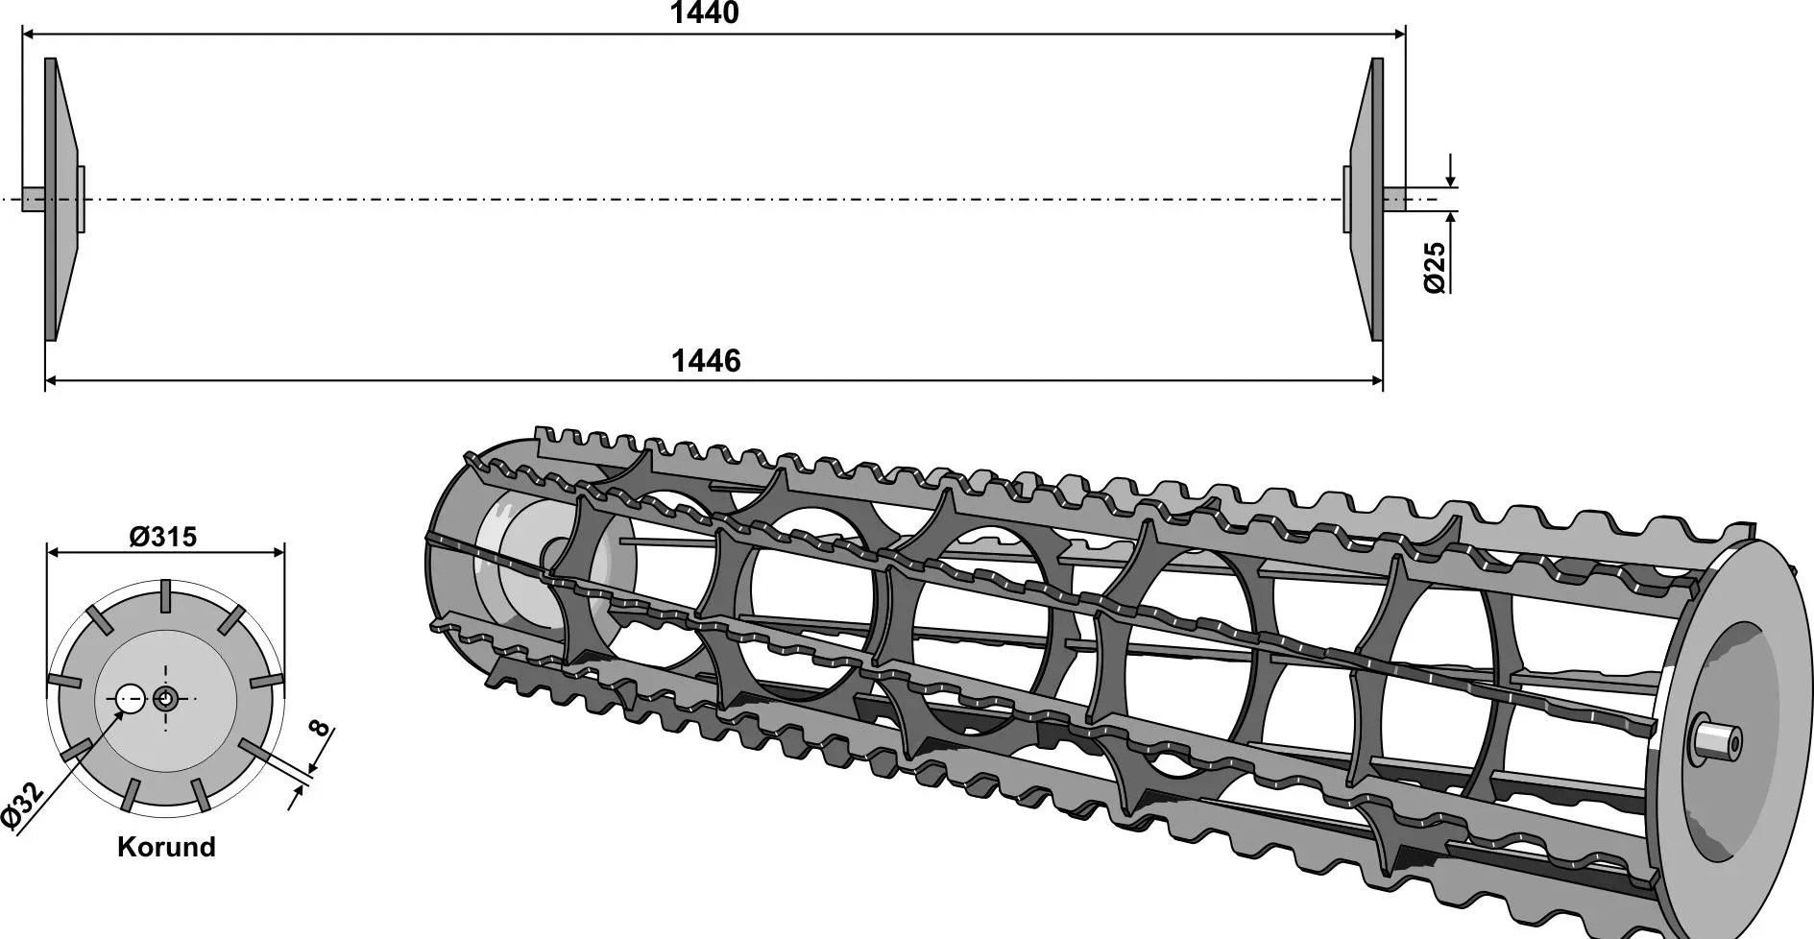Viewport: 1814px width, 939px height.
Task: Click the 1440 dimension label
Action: pyautogui.click(x=704, y=13)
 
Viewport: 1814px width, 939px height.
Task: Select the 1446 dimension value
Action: pyautogui.click(x=706, y=361)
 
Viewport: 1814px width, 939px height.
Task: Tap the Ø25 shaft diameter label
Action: pyautogui.click(x=1434, y=267)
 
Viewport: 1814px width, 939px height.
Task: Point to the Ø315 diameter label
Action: pyautogui.click(x=163, y=537)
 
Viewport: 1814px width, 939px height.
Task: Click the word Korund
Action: pyautogui.click(x=166, y=847)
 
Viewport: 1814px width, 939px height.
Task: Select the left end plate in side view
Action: pyautogui.click(x=62, y=199)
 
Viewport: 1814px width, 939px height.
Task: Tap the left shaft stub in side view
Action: pyautogui.click(x=34, y=199)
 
